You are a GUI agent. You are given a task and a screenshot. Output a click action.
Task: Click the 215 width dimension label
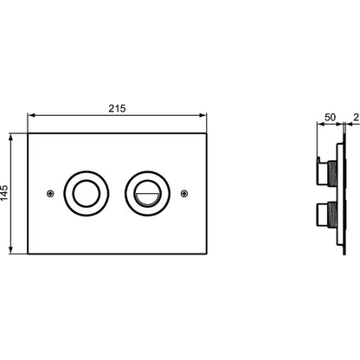click(x=117, y=108)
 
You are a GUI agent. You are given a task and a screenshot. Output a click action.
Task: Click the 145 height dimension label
click(x=4, y=193)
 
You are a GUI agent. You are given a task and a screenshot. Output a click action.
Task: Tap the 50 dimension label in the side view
click(x=331, y=118)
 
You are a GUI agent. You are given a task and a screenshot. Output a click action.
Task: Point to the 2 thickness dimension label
click(x=357, y=118)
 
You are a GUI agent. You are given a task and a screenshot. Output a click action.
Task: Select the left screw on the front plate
click(x=50, y=194)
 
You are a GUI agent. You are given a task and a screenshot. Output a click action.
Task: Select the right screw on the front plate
click(x=184, y=194)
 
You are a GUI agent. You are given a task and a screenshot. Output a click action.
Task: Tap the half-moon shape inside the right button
click(x=148, y=199)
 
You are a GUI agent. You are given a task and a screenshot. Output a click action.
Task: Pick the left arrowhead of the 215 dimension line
click(x=33, y=115)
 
